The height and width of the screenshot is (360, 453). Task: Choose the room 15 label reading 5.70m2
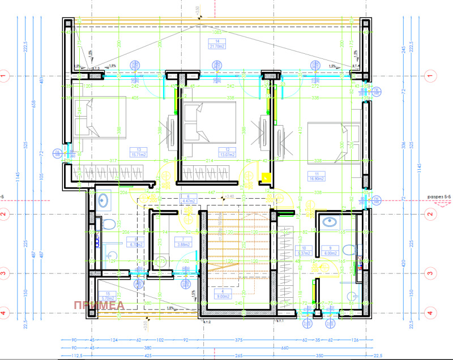[108, 297]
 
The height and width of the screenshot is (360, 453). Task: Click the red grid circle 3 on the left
[5, 273]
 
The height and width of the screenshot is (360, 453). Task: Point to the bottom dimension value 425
[132, 355]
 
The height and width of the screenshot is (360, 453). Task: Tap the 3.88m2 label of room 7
[182, 245]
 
